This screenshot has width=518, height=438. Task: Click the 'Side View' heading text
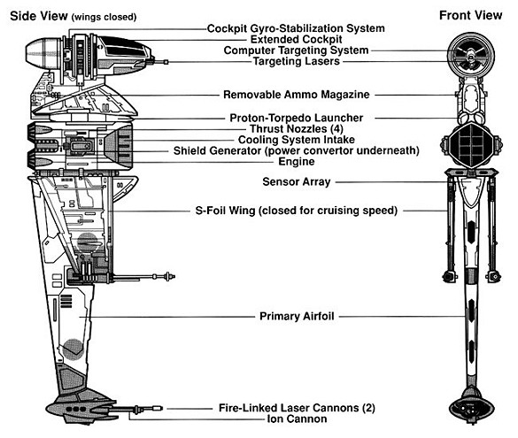[39, 16]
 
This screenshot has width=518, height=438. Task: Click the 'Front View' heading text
[470, 15]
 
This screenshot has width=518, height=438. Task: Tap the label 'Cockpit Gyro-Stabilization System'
[296, 28]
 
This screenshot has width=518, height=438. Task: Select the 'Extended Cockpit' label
[296, 39]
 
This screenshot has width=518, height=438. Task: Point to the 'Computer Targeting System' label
[296, 50]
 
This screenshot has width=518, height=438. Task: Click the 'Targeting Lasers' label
[297, 61]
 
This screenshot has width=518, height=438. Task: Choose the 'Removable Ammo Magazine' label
[297, 95]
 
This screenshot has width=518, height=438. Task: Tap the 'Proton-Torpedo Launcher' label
[297, 118]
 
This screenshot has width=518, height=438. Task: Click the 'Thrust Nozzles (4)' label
[297, 128]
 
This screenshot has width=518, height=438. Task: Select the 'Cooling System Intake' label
[297, 140]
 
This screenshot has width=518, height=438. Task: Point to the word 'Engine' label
[297, 162]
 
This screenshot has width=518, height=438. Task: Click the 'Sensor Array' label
[297, 181]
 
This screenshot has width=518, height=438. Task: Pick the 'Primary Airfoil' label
[297, 316]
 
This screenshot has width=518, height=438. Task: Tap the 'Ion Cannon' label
[297, 419]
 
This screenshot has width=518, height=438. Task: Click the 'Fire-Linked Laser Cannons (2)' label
[297, 408]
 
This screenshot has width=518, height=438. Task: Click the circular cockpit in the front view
[470, 56]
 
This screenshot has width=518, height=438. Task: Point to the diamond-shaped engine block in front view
[471, 144]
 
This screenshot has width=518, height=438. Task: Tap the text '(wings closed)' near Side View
[104, 17]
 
